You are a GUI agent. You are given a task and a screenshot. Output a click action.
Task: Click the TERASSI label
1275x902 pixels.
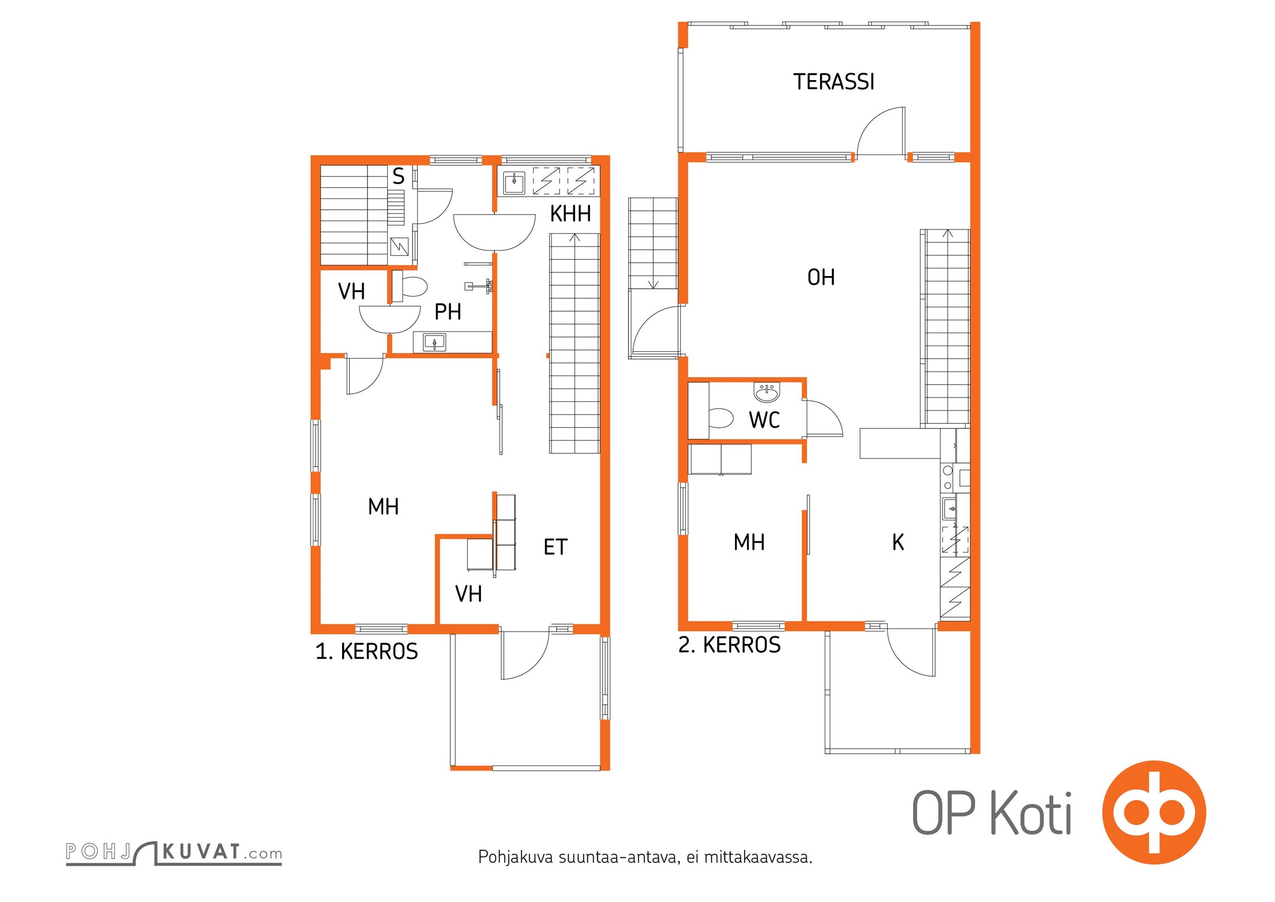click(x=834, y=82)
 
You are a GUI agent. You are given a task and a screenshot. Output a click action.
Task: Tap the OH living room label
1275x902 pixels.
click(x=821, y=277)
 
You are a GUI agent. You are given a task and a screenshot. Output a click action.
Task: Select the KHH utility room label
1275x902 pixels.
click(x=570, y=214)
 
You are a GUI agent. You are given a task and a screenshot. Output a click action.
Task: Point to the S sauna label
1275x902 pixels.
click(x=399, y=177)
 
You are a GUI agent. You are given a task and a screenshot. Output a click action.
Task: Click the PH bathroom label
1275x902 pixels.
click(x=448, y=312)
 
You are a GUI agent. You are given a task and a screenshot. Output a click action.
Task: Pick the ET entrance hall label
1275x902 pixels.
click(x=555, y=547)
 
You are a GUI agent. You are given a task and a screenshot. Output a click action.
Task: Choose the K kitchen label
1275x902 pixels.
click(x=898, y=542)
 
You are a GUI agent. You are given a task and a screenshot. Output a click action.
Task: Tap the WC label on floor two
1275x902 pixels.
click(x=764, y=420)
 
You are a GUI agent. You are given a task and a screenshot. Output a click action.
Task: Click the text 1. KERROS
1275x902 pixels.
click(x=366, y=652)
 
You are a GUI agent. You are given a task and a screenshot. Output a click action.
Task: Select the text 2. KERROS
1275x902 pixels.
click(x=729, y=645)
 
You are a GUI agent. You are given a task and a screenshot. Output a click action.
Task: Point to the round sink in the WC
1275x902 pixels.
click(x=767, y=392)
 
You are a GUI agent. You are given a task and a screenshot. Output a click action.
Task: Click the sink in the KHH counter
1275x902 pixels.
click(x=514, y=182)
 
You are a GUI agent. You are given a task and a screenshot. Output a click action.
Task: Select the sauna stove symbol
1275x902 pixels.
click(x=400, y=246)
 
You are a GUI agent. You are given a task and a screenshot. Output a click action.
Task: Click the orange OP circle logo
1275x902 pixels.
click(x=1154, y=812)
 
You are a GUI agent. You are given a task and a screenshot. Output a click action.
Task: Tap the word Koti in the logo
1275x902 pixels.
click(x=1031, y=813)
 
